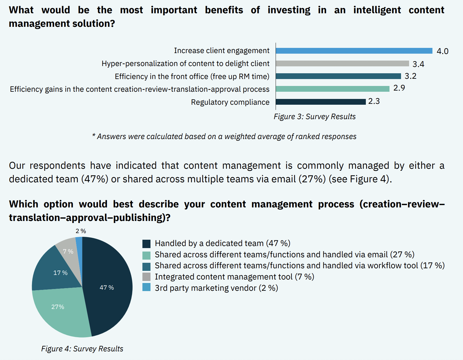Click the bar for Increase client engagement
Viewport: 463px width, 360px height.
tap(354, 51)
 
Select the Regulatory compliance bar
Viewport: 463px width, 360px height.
tap(321, 102)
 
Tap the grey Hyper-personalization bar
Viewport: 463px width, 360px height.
tap(342, 63)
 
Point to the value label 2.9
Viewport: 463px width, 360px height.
tap(399, 88)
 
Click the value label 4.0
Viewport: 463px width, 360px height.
tap(442, 51)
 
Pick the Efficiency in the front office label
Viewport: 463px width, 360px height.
tap(192, 76)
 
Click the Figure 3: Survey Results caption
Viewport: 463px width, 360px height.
tap(315, 117)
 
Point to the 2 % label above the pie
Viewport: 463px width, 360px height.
tap(81, 231)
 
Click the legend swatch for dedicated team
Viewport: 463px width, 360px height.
tap(146, 244)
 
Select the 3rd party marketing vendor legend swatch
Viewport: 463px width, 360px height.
tap(146, 287)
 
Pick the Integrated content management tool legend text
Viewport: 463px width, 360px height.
tap(234, 277)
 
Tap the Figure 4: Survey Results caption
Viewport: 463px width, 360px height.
tap(82, 349)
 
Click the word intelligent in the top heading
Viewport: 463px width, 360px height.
tap(377, 10)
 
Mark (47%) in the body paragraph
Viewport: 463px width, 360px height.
tap(95, 179)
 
